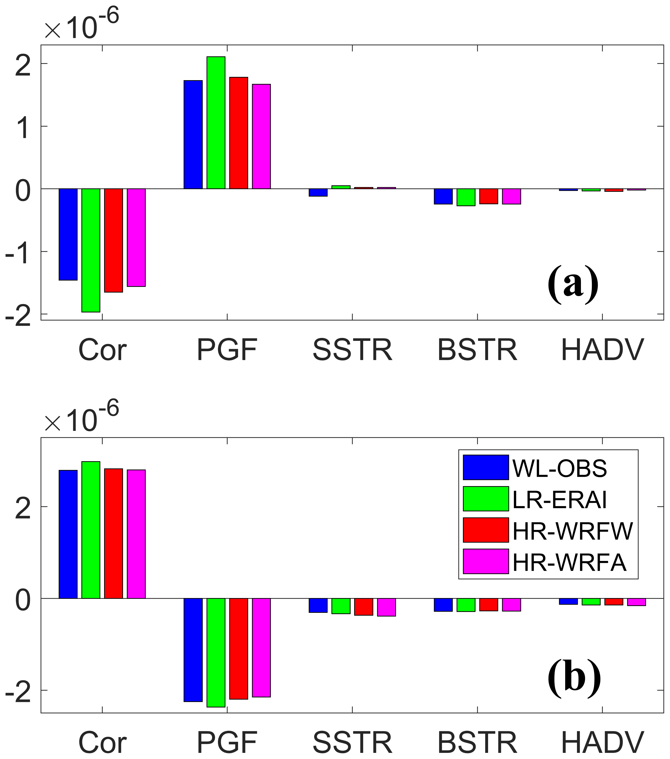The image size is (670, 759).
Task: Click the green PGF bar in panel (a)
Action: (216, 123)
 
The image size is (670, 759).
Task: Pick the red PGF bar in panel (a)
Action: (238, 133)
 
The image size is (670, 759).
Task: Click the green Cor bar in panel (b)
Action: (91, 529)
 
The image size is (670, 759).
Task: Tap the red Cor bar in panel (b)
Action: (114, 533)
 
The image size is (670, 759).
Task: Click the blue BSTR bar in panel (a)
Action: (443, 197)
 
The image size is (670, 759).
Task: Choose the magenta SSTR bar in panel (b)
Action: (387, 607)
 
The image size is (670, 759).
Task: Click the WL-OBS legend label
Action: (559, 469)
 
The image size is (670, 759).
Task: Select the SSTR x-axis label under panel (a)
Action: (352, 350)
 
